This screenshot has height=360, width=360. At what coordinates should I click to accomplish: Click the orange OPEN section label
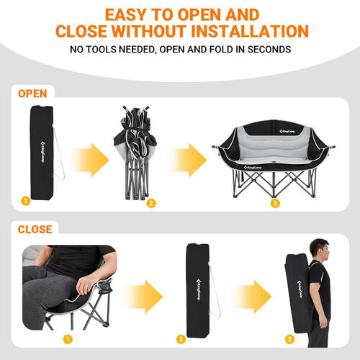pos(32,94)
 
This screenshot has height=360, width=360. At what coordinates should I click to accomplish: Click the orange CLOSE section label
pos(35,230)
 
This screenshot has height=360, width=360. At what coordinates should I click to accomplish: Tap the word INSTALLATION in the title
pos(250,31)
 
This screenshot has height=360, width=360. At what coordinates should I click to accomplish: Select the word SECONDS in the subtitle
pos(269,50)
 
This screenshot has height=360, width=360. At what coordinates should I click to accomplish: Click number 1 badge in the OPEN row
pos(26,201)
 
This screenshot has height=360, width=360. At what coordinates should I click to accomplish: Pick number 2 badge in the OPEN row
pos(151,203)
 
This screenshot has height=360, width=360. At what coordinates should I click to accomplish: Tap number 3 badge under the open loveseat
pos(275,203)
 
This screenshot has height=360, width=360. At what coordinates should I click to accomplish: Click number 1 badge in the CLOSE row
pos(68,339)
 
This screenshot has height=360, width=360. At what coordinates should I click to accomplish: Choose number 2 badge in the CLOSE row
pos(181,339)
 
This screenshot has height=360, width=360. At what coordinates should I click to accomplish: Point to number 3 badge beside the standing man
pos(289,339)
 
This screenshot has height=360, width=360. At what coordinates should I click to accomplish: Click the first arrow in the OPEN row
pos(90,160)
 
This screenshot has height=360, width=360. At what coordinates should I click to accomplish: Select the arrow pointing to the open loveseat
pos(187,160)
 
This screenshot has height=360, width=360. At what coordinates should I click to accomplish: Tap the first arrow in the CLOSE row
pos(144,297)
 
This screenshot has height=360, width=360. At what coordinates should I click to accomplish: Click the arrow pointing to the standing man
pos(253,297)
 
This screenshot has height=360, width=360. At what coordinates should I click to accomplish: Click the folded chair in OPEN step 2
pos(135,153)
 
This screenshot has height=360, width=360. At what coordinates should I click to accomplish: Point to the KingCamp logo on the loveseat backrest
pos(287,131)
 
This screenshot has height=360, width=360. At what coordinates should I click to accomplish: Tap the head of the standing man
pos(319,250)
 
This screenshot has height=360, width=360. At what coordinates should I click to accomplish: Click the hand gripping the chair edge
pos(84,287)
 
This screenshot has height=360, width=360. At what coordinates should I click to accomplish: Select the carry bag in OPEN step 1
pos(42,153)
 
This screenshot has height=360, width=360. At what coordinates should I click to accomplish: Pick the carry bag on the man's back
pos(299,293)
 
